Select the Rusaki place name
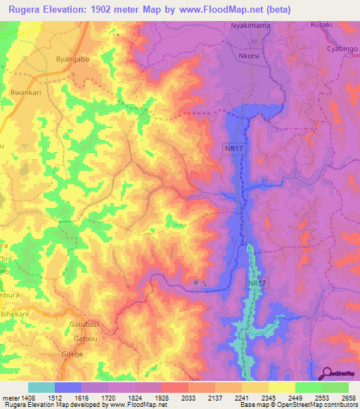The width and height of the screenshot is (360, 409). [322, 25]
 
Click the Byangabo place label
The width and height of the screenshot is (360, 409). [72, 60]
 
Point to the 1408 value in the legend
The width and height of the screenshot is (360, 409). [25, 397]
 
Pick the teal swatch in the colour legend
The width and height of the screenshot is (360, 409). [41, 387]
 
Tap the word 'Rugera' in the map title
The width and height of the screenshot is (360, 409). [27, 9]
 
